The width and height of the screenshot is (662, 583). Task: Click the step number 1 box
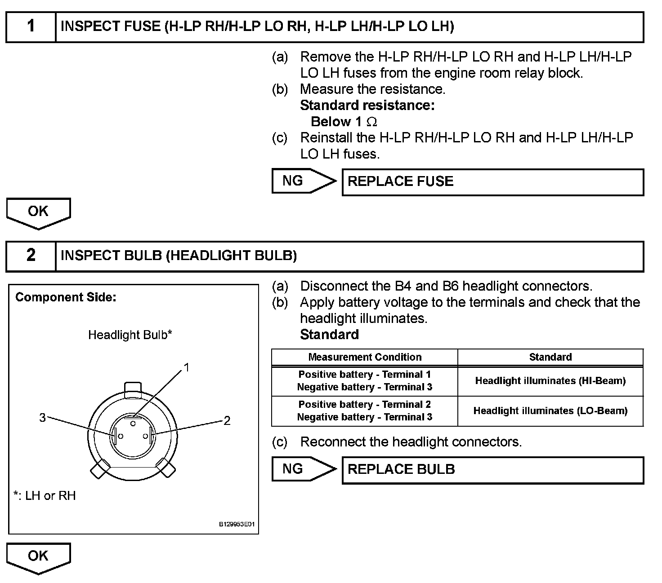point(31,26)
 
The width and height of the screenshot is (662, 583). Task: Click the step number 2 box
point(31,256)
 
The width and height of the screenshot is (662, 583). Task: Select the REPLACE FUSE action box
point(492,182)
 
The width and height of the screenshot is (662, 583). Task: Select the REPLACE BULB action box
point(492,470)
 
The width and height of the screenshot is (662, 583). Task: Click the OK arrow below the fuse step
point(38,212)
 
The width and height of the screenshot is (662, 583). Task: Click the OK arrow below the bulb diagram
point(38,557)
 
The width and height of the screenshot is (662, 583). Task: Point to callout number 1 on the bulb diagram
point(187,368)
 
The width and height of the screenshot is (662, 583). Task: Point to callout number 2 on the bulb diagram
point(227,421)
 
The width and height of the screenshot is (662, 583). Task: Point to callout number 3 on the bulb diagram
point(42,418)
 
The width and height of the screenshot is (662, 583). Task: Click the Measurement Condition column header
point(365,357)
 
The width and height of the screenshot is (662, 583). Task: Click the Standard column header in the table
point(550,357)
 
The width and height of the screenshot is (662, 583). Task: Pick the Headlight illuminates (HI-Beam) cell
point(550,381)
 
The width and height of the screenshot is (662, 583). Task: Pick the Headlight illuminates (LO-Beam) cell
point(550,411)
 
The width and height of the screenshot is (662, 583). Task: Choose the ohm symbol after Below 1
point(372,122)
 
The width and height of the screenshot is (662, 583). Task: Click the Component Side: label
point(66,297)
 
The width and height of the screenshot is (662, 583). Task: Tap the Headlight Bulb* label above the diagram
point(130,335)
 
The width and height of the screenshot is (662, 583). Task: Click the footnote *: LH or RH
point(45,496)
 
